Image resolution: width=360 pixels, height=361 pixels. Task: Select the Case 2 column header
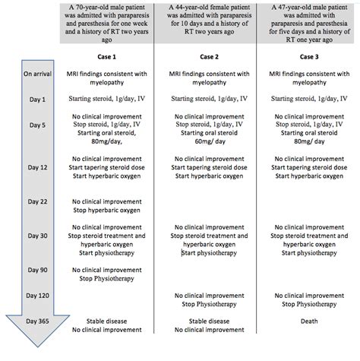203,58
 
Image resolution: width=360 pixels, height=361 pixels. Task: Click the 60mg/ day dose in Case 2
203,142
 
